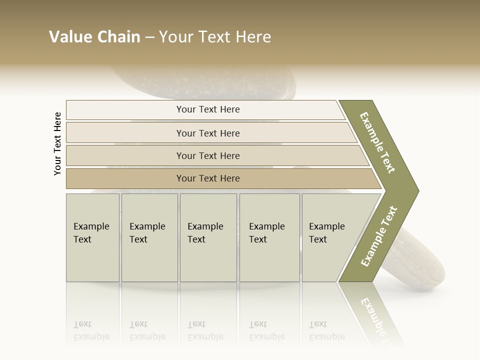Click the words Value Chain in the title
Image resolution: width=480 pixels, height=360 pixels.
tap(94, 37)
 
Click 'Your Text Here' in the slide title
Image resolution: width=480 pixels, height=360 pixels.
tap(215, 37)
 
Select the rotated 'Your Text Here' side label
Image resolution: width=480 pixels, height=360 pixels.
tap(57, 143)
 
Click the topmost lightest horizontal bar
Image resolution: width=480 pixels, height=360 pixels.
tap(207, 109)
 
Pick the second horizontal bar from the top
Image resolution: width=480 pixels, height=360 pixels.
tap(207, 133)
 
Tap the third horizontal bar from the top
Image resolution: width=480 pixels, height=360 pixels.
tap(207, 155)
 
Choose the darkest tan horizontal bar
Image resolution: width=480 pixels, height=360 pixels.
tap(207, 178)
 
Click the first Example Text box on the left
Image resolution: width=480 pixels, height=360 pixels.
tap(92, 237)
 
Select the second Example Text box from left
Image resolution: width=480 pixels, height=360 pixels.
tap(149, 237)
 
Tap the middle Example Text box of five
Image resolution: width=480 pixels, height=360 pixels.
tap(208, 237)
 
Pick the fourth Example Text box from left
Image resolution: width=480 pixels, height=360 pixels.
tap(269, 237)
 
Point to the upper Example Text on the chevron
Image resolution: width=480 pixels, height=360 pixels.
tap(377, 142)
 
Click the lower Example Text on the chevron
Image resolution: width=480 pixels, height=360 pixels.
tap(378, 236)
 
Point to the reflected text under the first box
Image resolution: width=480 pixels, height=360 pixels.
tap(91, 330)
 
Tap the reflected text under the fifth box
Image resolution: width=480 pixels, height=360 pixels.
tap(326, 330)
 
